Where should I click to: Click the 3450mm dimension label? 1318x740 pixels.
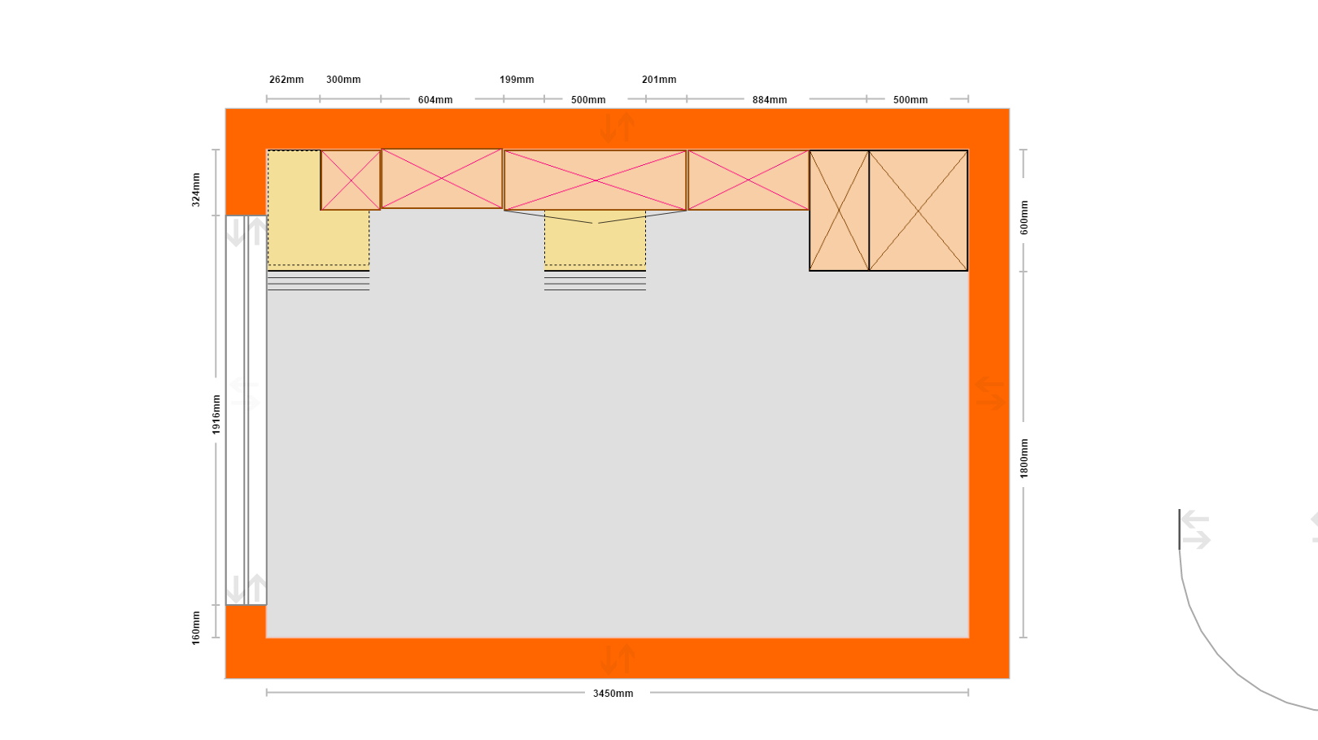[x=613, y=694]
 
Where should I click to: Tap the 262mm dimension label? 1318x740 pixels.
[x=286, y=80]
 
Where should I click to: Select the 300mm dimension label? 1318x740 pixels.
[x=343, y=80]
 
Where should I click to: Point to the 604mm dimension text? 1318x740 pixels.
[x=435, y=100]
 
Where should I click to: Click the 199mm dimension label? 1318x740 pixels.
[x=517, y=80]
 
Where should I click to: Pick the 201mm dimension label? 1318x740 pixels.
[x=659, y=80]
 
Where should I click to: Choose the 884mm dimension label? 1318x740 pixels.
[x=770, y=100]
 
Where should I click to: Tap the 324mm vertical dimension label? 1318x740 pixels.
[x=196, y=190]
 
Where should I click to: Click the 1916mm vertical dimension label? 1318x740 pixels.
[x=216, y=415]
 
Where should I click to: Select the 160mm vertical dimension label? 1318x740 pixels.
[x=196, y=628]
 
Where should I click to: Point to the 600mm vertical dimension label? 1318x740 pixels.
[x=1023, y=218]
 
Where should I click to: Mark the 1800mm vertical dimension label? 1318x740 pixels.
[x=1023, y=459]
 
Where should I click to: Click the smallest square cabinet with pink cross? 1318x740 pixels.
[x=351, y=180]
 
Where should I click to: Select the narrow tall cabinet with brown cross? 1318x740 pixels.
[x=839, y=211]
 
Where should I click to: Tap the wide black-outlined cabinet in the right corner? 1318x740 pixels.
[x=919, y=211]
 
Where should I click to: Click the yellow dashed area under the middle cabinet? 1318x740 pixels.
[x=595, y=237]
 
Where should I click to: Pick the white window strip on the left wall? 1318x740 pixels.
[x=246, y=410]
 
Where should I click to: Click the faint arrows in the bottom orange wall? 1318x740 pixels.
[x=618, y=659]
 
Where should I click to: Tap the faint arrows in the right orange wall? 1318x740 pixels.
[x=990, y=394]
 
